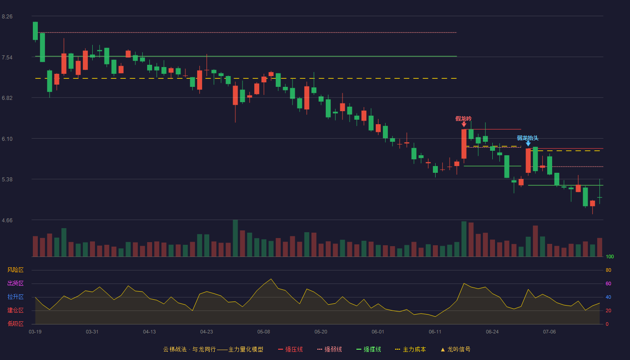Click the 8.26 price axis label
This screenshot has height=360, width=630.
tap(7, 17)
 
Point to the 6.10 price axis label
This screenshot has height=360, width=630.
tap(7, 139)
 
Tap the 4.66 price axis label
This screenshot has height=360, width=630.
tap(7, 220)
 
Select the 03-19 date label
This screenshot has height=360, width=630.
tap(35, 332)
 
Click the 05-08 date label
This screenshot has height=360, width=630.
tap(264, 332)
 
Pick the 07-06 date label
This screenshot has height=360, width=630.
tap(549, 332)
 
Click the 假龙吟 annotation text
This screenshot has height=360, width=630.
tap(463, 119)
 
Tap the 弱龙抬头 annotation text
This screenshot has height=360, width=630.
tap(527, 138)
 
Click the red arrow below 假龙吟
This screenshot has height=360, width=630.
tap(464, 124)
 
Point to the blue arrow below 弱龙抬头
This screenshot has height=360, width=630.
tap(528, 144)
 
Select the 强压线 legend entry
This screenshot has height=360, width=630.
tap(290, 349)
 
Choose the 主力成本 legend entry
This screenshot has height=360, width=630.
tap(410, 349)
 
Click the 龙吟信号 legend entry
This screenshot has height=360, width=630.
tap(455, 349)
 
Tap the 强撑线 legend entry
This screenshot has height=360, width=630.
tap(369, 349)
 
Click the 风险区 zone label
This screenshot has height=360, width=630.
tap(15, 270)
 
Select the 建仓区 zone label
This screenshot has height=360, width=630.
tap(15, 310)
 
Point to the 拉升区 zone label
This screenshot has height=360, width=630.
tap(15, 297)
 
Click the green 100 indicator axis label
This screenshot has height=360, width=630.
tap(610, 257)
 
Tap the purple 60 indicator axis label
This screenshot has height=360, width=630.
tap(608, 284)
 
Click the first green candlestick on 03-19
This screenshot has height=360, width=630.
tap(35, 31)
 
